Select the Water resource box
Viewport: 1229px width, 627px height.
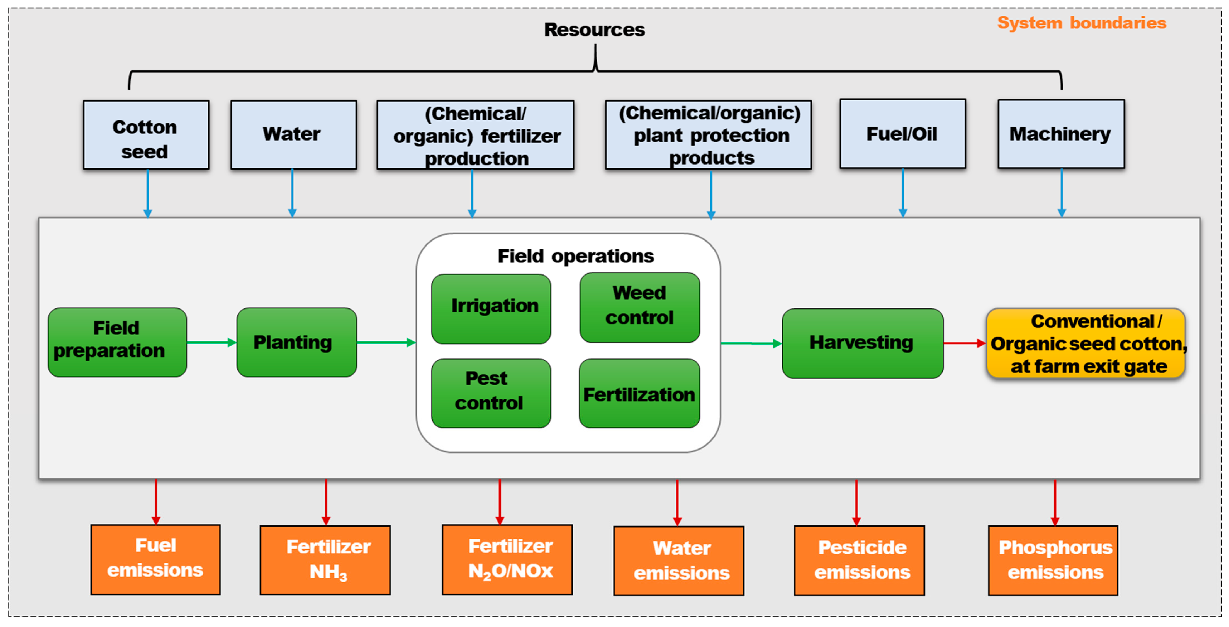point(293,135)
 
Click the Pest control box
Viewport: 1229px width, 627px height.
point(491,393)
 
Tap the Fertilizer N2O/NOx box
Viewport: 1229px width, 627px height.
point(507,560)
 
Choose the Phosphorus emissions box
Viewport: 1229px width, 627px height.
point(1053,560)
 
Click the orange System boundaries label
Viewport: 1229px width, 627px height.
point(1082,23)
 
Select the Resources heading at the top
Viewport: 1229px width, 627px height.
point(595,30)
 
